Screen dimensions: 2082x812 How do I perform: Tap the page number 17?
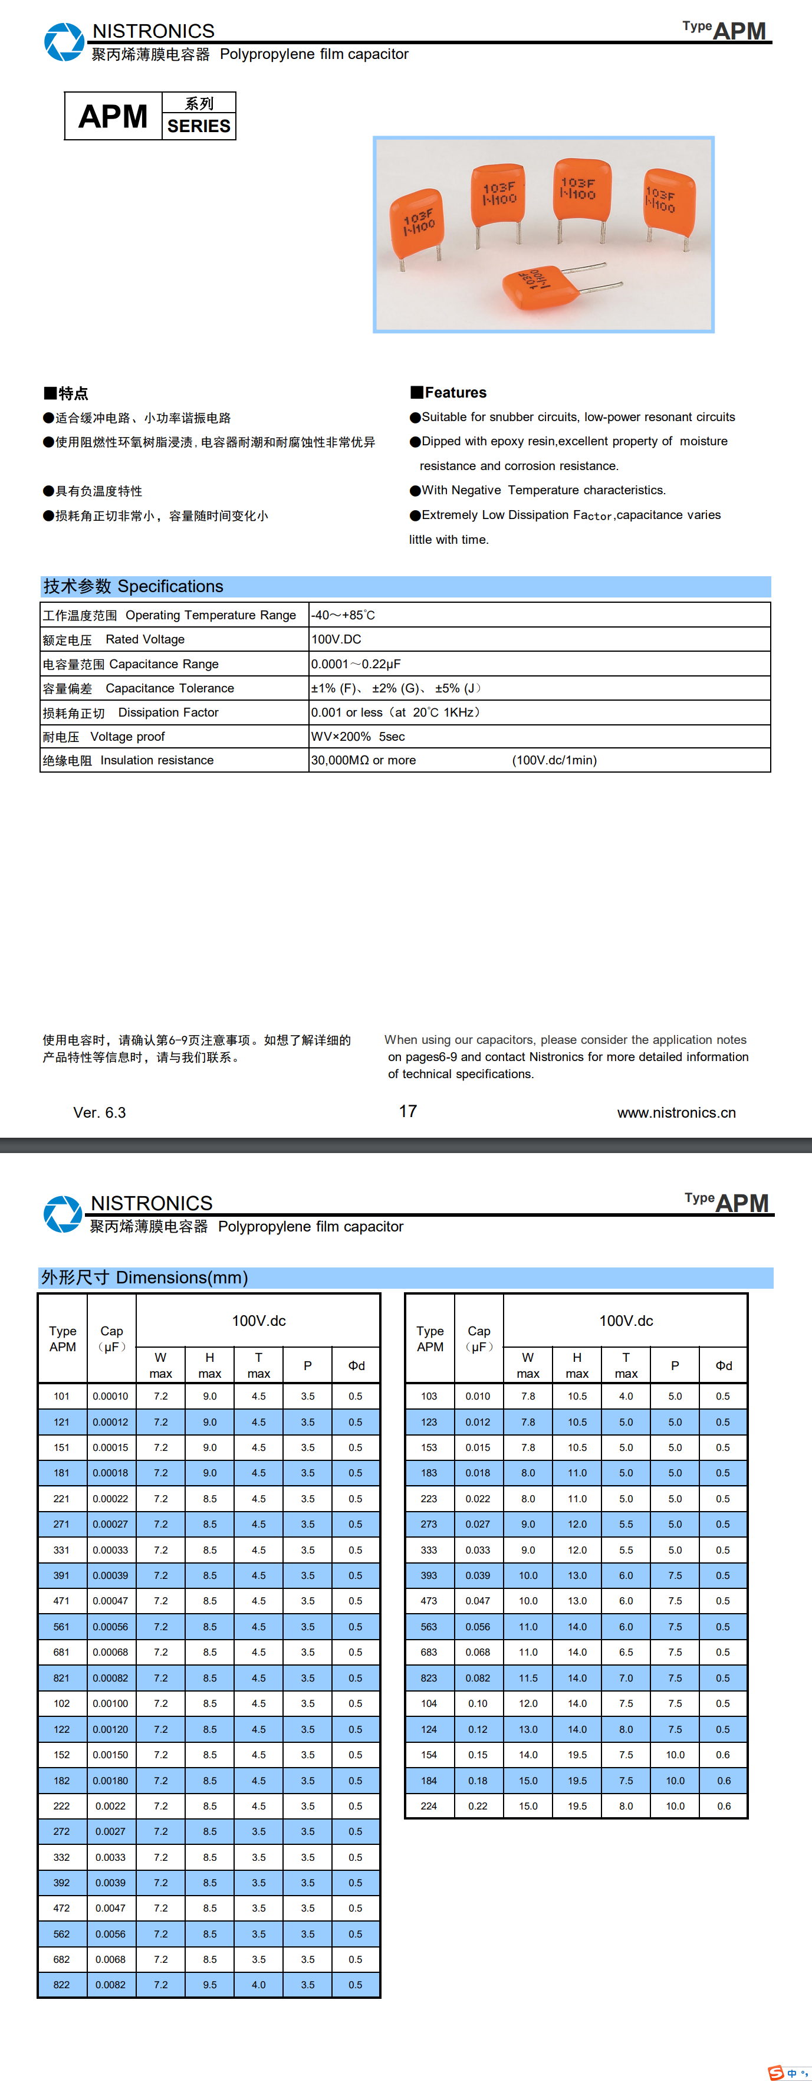pyautogui.click(x=408, y=1111)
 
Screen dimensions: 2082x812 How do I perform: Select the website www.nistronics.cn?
pyautogui.click(x=676, y=1113)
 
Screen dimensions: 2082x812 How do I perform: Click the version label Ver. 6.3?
pyautogui.click(x=100, y=1113)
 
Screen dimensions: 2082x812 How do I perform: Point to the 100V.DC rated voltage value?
pyautogui.click(x=336, y=639)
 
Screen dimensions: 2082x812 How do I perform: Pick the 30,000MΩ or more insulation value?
pyautogui.click(x=364, y=760)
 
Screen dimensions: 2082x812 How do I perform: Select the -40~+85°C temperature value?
pyautogui.click(x=343, y=615)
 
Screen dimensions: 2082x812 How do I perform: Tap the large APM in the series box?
pyautogui.click(x=113, y=116)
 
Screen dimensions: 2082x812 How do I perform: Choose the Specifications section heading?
pyautogui.click(x=133, y=586)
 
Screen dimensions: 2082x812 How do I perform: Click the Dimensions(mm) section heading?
pyautogui.click(x=144, y=1277)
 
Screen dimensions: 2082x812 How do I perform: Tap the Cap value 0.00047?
pyautogui.click(x=111, y=1600)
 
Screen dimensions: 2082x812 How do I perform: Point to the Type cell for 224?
pyautogui.click(x=429, y=1805)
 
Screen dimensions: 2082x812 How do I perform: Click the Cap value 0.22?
pyautogui.click(x=478, y=1805)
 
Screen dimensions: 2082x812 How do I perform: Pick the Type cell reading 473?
pyautogui.click(x=429, y=1600)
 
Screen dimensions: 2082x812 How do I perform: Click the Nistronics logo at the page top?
pyautogui.click(x=64, y=42)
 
